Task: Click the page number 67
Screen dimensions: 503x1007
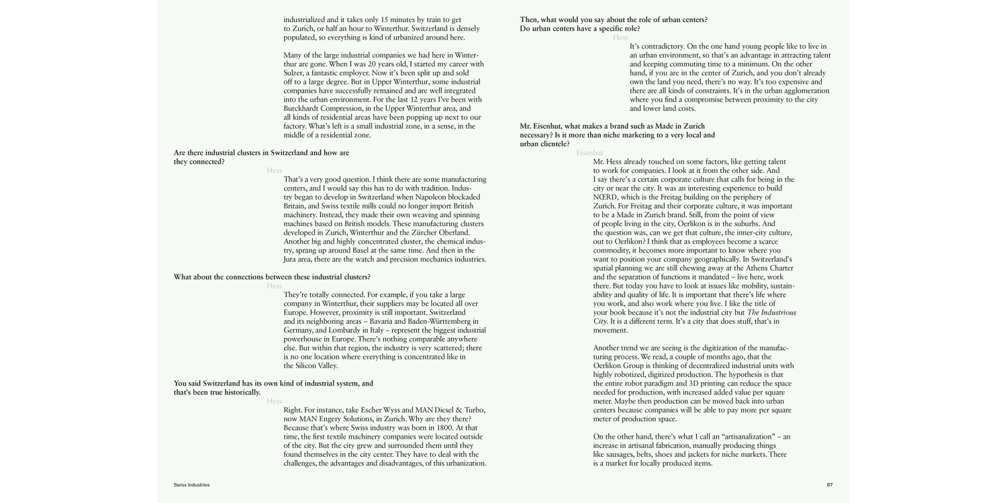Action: (x=830, y=485)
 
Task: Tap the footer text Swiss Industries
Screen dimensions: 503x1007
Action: (x=191, y=485)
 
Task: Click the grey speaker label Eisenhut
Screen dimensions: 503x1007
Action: (x=589, y=153)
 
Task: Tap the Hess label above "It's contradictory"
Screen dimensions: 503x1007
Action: (x=620, y=38)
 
